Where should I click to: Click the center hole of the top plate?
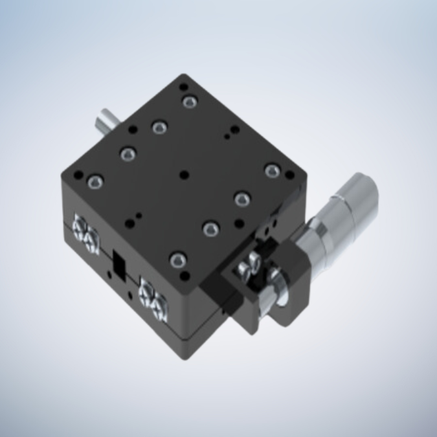(185, 174)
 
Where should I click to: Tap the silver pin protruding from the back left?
(106, 121)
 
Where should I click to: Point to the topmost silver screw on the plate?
(189, 102)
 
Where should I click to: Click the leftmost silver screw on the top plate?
(94, 183)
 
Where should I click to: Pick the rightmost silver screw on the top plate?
(271, 171)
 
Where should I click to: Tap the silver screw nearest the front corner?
(177, 260)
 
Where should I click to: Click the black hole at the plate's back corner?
(184, 86)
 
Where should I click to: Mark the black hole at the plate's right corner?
(290, 176)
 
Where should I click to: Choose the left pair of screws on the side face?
(85, 232)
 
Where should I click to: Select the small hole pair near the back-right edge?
(230, 132)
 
